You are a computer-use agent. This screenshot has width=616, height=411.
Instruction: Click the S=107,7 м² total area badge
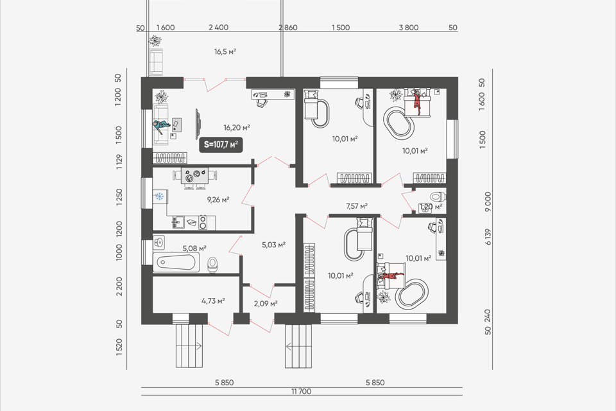click(220, 144)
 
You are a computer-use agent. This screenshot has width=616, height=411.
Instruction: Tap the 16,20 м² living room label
click(237, 127)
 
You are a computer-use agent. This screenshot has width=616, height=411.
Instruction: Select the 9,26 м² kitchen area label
click(218, 200)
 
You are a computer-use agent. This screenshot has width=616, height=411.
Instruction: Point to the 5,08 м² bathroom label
click(194, 248)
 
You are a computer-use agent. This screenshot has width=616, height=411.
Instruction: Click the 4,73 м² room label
click(213, 301)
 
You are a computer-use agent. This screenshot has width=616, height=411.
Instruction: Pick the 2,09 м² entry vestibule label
click(266, 303)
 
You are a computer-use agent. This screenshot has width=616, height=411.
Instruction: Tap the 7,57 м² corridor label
click(357, 205)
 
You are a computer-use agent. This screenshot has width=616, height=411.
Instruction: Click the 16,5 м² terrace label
click(225, 51)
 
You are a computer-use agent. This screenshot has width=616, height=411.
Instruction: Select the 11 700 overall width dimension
click(302, 391)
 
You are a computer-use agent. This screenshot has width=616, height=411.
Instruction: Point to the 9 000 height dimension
click(488, 202)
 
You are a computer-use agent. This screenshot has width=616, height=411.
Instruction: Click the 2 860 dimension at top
click(288, 28)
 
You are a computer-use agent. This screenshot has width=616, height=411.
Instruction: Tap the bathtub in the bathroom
click(176, 262)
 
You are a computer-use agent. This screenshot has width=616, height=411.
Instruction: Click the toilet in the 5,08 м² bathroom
click(212, 265)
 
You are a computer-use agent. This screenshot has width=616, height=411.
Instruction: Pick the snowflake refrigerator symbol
click(160, 197)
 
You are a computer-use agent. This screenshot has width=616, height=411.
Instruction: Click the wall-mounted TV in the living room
click(198, 124)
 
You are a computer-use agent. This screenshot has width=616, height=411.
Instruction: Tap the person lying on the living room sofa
click(161, 126)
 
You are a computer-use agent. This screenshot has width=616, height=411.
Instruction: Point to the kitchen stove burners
click(203, 222)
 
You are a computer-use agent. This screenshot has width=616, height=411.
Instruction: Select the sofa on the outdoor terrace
click(156, 62)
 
